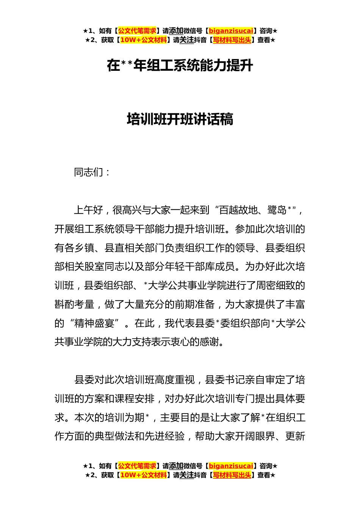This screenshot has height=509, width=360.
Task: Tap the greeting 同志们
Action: point(89,173)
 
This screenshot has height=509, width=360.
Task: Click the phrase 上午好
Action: point(89,210)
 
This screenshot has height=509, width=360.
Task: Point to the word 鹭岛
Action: point(277,210)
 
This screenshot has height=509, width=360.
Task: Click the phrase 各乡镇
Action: point(79,248)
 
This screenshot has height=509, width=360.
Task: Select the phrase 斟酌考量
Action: point(74,304)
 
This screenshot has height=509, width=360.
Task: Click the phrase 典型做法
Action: point(114,436)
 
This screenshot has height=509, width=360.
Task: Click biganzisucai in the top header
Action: point(231,31)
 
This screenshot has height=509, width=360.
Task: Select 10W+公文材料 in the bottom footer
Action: point(143,475)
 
